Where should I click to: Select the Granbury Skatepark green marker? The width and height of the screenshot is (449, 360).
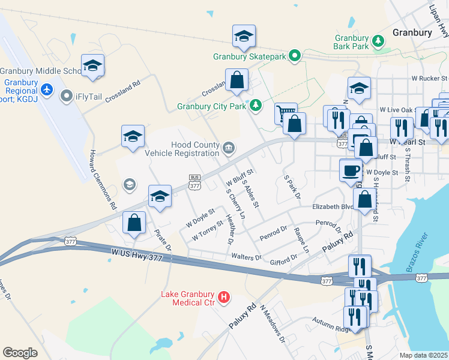tap(295, 56)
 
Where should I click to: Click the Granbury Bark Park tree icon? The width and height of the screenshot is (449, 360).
tap(378, 41)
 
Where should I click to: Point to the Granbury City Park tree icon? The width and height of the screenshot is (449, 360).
tap(256, 106)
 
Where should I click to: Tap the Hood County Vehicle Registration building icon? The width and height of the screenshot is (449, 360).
tap(229, 148)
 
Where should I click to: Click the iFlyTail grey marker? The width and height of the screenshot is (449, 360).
tap(67, 95)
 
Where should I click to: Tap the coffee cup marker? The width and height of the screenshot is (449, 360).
tap(351, 170)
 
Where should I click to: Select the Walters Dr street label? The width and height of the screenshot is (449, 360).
tap(247, 257)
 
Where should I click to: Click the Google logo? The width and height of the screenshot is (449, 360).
tap(20, 353)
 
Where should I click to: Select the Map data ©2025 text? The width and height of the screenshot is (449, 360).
tap(424, 355)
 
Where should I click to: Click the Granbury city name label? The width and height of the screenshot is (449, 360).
tap(412, 32)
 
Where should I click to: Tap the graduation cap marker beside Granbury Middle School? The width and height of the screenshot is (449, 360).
tap(93, 66)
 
